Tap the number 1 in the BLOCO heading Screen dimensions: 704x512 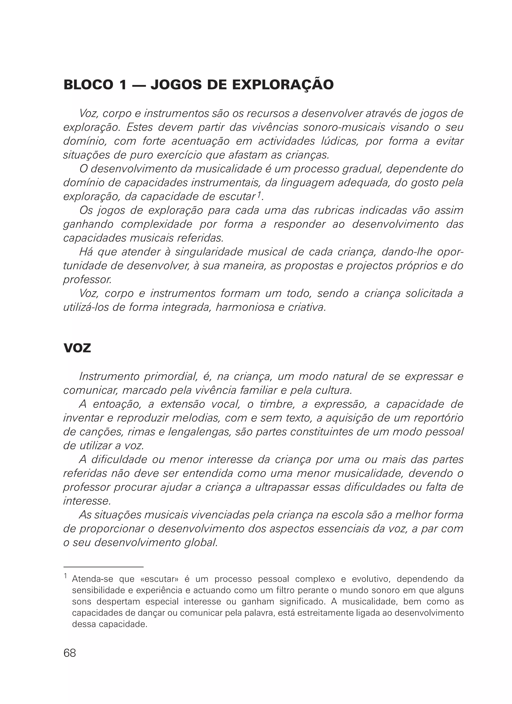coord(123,85)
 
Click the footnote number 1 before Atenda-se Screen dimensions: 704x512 coord(65,576)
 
